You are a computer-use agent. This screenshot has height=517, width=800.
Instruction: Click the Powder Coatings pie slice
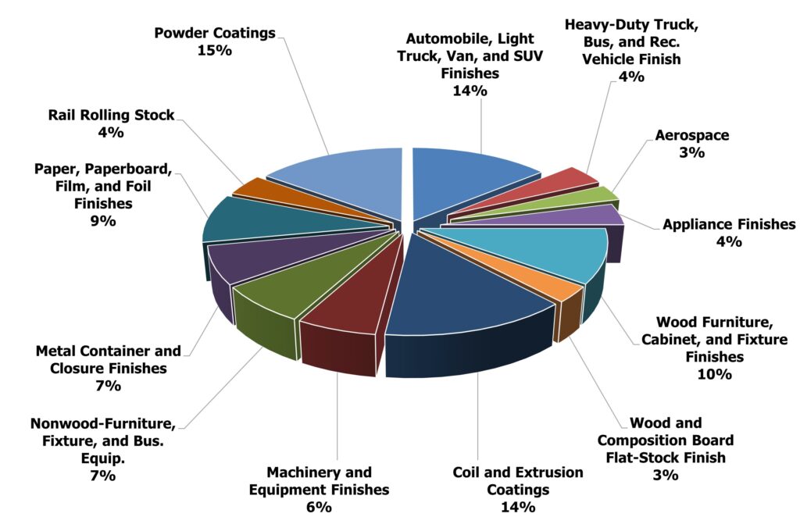[x=347, y=181]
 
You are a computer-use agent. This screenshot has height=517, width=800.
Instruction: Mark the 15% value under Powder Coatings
[x=215, y=51]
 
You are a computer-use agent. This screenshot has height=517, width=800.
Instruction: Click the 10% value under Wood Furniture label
[x=714, y=374]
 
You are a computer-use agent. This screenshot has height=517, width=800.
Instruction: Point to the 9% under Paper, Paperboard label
[x=103, y=221]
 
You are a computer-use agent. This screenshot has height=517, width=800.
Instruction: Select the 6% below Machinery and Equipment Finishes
[x=319, y=507]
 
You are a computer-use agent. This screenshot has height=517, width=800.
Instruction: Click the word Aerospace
[x=692, y=136]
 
